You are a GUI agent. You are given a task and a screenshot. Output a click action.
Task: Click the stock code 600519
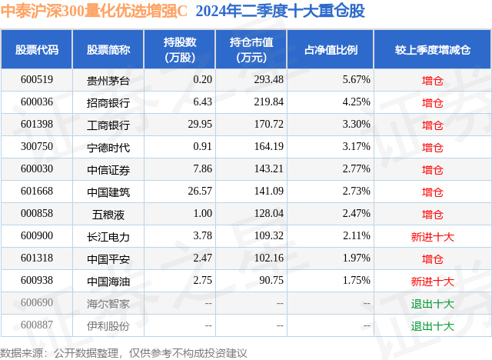coord(37,79)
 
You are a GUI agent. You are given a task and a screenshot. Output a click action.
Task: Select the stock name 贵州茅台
coord(108,79)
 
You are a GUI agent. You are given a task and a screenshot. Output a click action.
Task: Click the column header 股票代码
coord(37,50)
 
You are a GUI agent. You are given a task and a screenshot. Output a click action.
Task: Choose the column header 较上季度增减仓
coord(432,50)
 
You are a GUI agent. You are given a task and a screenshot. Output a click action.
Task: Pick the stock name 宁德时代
coord(108,146)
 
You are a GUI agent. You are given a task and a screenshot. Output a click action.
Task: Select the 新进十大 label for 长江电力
coord(432,236)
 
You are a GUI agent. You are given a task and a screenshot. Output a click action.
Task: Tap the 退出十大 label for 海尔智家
coord(432,303)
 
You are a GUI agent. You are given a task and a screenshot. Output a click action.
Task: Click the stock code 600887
coord(37,325)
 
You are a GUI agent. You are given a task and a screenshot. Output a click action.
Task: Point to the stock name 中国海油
coord(108,281)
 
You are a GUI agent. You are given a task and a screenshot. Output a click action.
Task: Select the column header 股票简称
coord(108,50)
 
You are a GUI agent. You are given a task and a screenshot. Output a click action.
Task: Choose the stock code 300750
coord(37,146)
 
